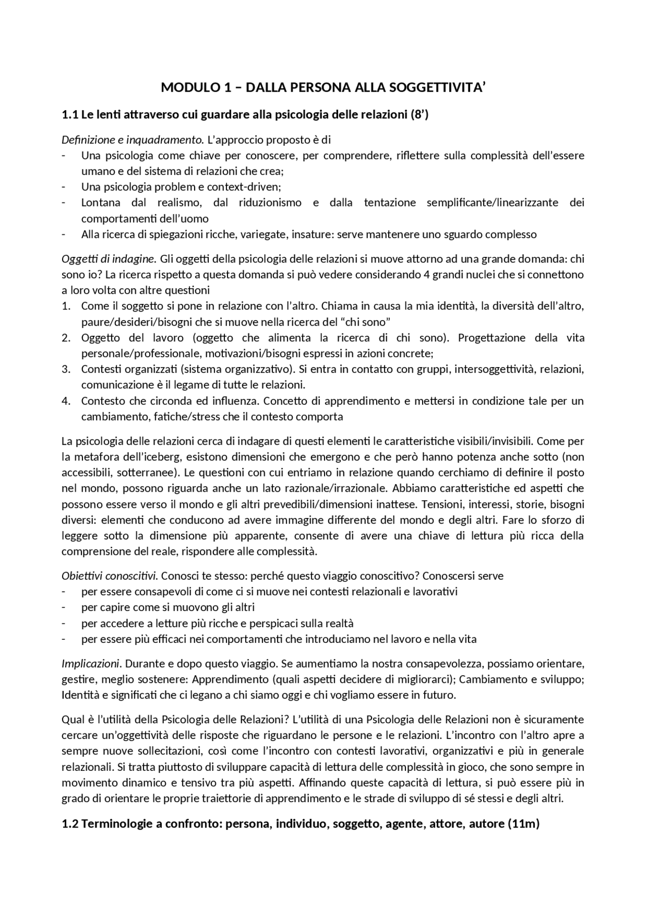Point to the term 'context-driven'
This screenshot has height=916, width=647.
(243, 187)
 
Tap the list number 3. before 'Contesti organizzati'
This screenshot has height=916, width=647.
(66, 369)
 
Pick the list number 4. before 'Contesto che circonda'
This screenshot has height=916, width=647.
(66, 401)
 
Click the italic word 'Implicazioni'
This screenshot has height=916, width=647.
(91, 663)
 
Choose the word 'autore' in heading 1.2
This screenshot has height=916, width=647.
(486, 824)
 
